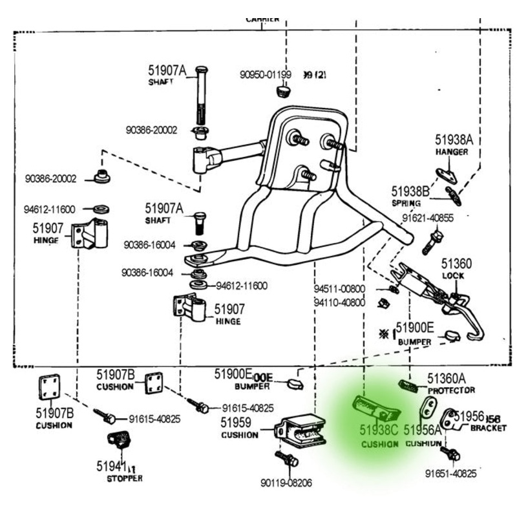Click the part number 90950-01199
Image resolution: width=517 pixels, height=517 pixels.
pos(265,75)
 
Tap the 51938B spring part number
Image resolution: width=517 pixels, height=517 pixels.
pos(410,191)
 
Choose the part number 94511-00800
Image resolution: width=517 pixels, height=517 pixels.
pos(339,289)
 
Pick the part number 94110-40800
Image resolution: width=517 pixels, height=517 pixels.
pos(339,302)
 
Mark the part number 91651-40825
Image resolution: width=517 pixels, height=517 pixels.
pos(450,474)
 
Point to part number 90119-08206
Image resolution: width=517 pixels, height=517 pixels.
pos(286,483)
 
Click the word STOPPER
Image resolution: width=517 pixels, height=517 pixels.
pos(124,478)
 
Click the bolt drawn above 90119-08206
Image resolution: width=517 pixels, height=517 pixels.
pos(287,459)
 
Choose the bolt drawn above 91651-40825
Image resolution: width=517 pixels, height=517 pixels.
pos(452,454)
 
